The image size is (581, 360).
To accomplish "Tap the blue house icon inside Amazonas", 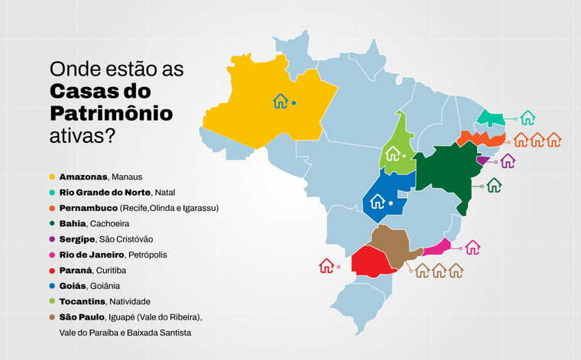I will point(281,102).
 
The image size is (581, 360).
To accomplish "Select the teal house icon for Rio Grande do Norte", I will point(527,118).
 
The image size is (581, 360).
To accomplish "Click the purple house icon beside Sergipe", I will point(508,161).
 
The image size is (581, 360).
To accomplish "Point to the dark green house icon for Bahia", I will point(494,185).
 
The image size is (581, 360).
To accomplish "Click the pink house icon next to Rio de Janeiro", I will point(472,248).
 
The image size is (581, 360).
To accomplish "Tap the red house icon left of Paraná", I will point(326,266).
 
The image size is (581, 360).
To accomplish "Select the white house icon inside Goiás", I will point(377,203).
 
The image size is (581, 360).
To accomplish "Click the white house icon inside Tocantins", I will point(392,154).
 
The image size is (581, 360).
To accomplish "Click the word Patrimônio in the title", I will point(111,114).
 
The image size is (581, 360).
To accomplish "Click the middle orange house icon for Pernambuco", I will point(537,140).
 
